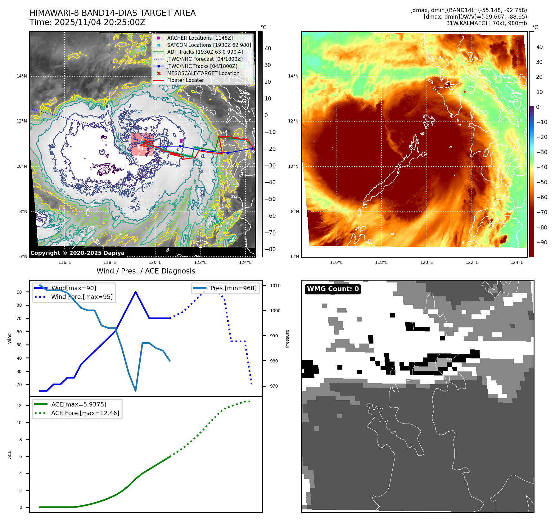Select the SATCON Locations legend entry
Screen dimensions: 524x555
(x=209, y=45)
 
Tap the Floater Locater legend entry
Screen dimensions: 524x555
(x=185, y=80)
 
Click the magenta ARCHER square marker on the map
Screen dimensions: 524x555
(x=181, y=141)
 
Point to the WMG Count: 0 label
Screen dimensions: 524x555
(x=333, y=289)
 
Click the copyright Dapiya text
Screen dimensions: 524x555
(x=77, y=253)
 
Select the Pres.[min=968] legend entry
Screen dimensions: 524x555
(x=233, y=288)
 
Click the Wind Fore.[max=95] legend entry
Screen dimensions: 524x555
(x=82, y=297)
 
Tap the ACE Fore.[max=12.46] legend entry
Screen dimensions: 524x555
(x=85, y=413)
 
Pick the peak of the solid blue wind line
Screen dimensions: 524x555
(x=136, y=292)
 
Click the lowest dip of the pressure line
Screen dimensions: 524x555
(x=136, y=391)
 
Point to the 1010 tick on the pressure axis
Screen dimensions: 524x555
(x=275, y=286)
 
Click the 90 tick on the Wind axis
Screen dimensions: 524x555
(x=20, y=292)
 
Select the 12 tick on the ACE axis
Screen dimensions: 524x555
(x=19, y=406)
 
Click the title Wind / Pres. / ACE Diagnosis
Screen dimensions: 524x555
(x=146, y=271)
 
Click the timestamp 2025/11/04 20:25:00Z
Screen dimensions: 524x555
(x=100, y=22)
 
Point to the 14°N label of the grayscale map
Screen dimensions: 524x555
(x=22, y=76)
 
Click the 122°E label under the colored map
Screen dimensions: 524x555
(x=472, y=262)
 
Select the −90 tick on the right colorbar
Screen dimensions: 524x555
(x=542, y=242)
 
